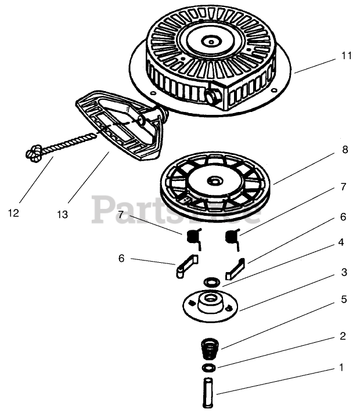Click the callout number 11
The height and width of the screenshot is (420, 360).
[347, 56]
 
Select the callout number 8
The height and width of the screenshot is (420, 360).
[345, 149]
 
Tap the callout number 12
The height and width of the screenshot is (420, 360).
[13, 213]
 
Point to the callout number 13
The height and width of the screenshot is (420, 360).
[62, 215]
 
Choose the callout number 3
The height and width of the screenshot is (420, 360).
[344, 272]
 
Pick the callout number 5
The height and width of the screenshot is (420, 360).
[344, 299]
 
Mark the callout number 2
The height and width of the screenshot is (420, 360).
[343, 336]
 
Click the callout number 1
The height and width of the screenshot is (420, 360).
[341, 367]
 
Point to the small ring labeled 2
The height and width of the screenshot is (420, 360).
[208, 368]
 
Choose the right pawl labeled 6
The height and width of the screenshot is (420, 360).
[236, 268]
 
